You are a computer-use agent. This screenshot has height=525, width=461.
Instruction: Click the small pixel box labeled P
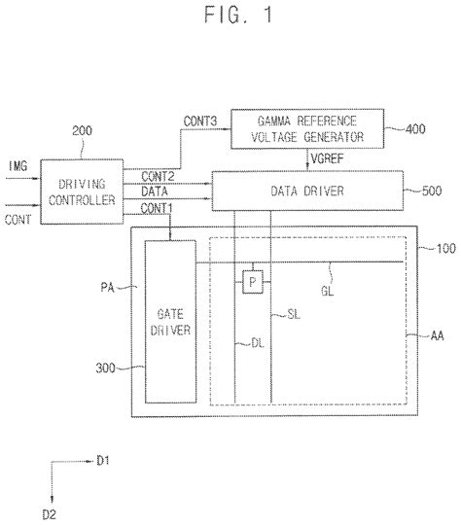[x=252, y=280]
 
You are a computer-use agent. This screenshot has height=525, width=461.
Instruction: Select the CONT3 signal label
[x=201, y=121]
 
